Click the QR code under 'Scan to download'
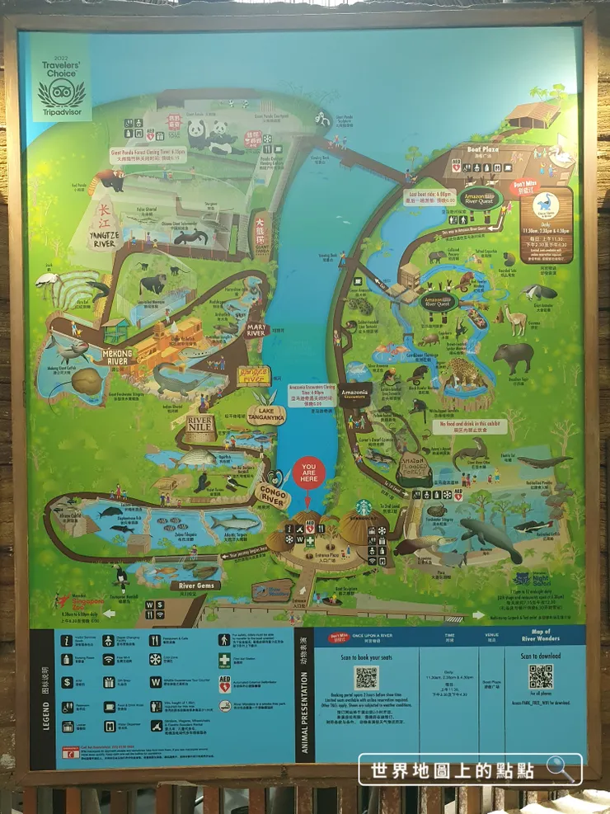(x=541, y=677)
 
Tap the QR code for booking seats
(x=366, y=678)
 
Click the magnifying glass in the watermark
(x=560, y=769)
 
